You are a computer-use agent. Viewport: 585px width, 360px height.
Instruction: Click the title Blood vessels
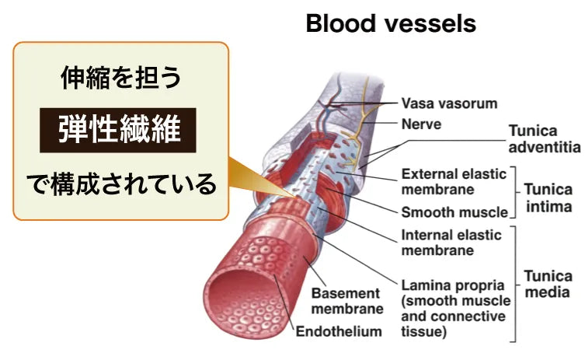point(390,23)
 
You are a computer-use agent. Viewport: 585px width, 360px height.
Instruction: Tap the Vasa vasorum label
point(449,103)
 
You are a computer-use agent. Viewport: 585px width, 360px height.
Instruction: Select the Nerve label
point(421,123)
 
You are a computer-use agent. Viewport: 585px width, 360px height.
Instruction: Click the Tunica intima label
point(548,197)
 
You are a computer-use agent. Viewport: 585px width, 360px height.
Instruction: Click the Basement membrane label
point(346,301)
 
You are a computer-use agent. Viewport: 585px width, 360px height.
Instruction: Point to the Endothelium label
point(340,332)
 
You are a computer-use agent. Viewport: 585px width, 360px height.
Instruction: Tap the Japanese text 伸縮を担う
point(120,77)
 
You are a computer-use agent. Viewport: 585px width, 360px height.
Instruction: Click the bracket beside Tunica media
point(515,285)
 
